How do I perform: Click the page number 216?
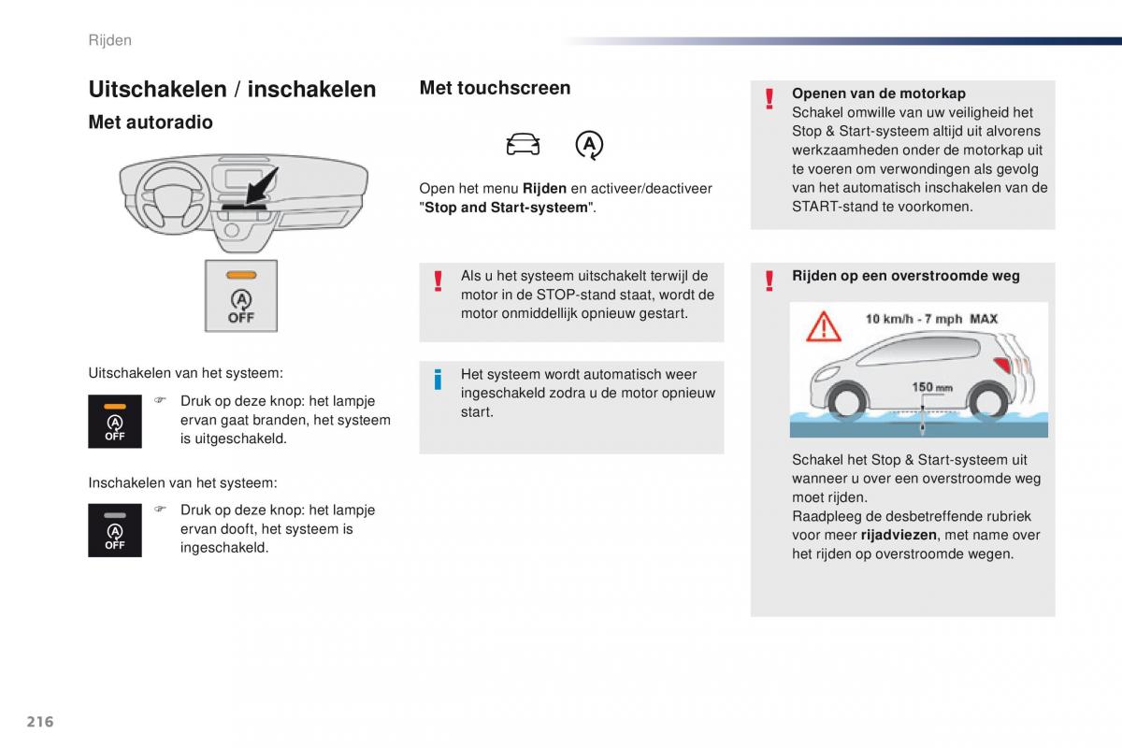pos(40,721)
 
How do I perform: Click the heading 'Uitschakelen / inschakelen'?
pos(232,89)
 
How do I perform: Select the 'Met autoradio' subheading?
pos(151,122)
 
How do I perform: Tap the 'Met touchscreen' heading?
pos(495,88)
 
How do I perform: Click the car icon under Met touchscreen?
pos(523,144)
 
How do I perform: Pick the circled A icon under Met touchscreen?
pos(589,144)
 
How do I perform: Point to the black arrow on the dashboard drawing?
pos(262,185)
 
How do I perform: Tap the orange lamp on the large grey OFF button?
pos(241,275)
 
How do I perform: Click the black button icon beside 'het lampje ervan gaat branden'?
pos(115,422)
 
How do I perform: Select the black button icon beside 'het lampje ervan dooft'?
pos(115,530)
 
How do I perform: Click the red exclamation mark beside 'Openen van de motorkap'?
pos(769,98)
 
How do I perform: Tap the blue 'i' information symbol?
pos(437,380)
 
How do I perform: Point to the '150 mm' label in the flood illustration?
pos(932,387)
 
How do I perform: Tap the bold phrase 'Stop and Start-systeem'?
pos(506,208)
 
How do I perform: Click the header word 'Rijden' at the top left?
pos(109,40)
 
